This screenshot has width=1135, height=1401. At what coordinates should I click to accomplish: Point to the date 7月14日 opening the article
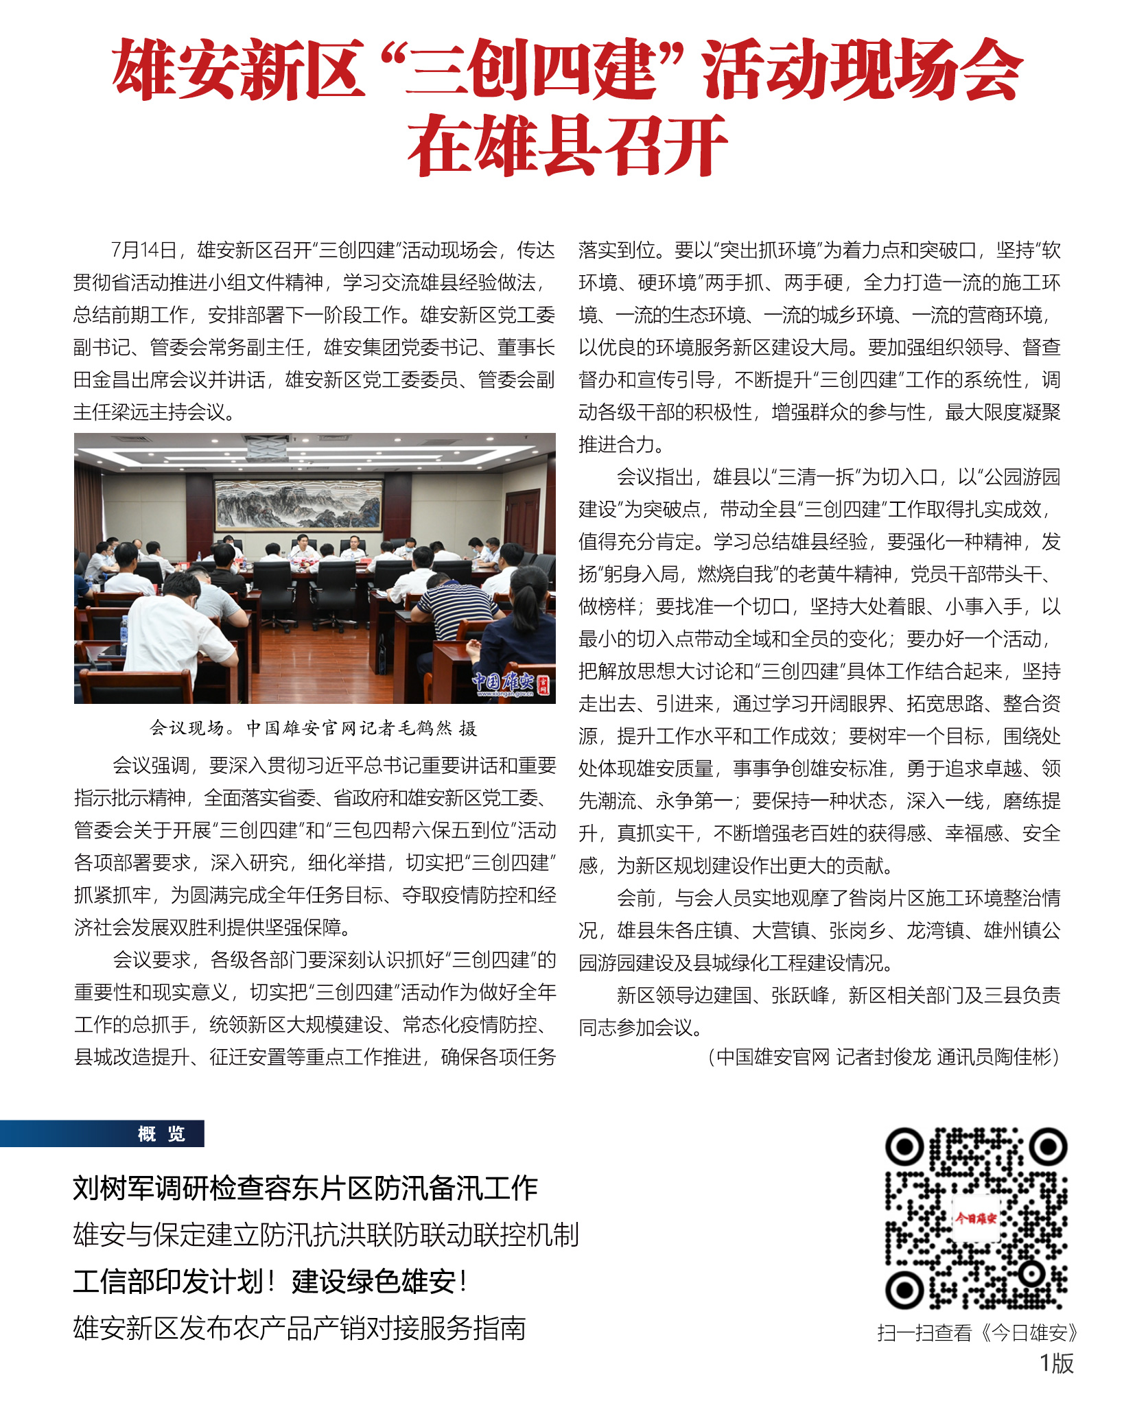click(x=144, y=250)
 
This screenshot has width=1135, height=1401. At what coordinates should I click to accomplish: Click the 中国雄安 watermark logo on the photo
click(x=511, y=682)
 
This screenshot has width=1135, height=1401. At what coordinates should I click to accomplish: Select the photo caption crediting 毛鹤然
click(x=314, y=728)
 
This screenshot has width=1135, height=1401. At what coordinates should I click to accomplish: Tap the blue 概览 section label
click(x=161, y=1134)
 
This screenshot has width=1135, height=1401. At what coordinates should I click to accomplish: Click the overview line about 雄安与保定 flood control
click(x=326, y=1235)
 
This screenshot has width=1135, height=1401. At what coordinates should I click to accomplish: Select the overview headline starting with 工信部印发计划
click(x=271, y=1281)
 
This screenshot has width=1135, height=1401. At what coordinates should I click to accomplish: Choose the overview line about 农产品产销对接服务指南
click(x=299, y=1328)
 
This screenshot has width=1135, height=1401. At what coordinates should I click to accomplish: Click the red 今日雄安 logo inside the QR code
click(x=975, y=1218)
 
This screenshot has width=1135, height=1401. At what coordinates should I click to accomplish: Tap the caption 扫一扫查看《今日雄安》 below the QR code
click(x=976, y=1332)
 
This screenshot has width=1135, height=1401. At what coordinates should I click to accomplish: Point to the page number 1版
click(x=1056, y=1363)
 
